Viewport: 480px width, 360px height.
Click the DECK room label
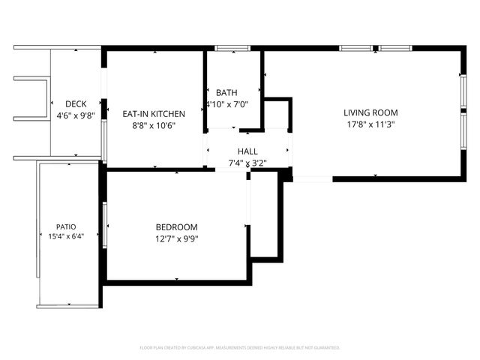click(x=76, y=104)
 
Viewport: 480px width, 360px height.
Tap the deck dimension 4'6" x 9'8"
click(x=76, y=115)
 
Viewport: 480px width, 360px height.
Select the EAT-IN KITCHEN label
click(x=154, y=114)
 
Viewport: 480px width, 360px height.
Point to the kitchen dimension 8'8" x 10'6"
click(x=154, y=125)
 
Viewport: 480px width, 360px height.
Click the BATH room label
click(x=227, y=93)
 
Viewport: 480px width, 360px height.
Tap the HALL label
click(x=247, y=151)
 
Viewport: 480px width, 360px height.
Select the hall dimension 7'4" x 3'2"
click(x=247, y=162)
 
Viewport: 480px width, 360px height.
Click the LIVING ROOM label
click(x=370, y=113)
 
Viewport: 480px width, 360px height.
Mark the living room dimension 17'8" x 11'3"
click(x=370, y=124)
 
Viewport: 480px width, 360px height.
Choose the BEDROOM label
click(x=176, y=227)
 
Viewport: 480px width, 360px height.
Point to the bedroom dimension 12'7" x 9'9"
click(x=176, y=239)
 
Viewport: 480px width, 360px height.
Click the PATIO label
click(x=66, y=226)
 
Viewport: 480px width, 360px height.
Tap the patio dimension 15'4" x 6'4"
click(x=66, y=236)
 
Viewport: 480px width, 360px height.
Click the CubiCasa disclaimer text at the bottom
click(x=240, y=348)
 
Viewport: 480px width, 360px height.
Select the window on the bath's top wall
click(x=232, y=49)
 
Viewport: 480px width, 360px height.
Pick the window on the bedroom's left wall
click(x=104, y=224)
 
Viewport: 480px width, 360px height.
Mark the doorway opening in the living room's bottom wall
click(x=312, y=178)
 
